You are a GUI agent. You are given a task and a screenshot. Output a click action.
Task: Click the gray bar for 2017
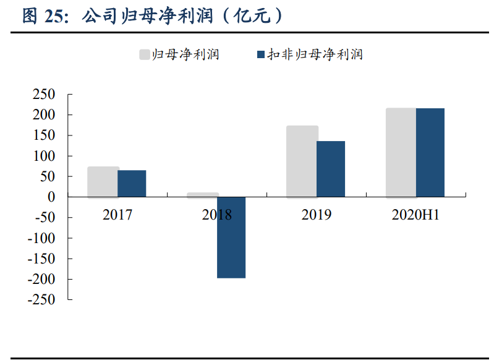pos(103,182)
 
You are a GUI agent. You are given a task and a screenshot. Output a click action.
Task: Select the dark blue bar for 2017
pos(132,184)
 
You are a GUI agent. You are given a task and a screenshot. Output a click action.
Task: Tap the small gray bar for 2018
pos(203,195)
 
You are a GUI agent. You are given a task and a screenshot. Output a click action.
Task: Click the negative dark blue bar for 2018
pos(231,238)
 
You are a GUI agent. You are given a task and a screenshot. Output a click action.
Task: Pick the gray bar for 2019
pos(302,161)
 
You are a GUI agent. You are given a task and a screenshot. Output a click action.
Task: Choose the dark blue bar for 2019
pos(331,169)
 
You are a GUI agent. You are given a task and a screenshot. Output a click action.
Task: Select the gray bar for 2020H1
pos(401,153)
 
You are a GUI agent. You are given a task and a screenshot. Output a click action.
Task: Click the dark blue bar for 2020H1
pos(430,153)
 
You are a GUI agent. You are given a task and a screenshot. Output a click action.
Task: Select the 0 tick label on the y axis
pos(52,197)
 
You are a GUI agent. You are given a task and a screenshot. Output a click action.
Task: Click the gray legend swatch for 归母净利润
pos(145,54)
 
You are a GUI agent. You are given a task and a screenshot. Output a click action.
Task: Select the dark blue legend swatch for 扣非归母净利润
pos(260,54)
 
